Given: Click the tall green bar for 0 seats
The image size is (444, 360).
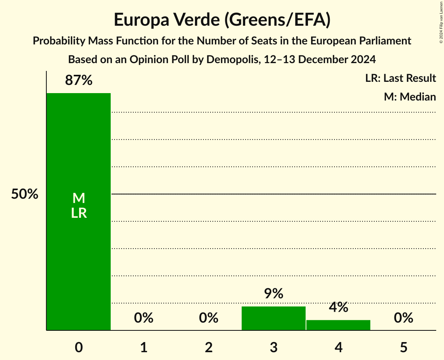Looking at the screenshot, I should (78, 156).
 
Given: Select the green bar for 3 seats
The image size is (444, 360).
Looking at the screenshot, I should (273, 318).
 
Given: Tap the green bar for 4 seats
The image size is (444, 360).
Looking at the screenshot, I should (338, 325).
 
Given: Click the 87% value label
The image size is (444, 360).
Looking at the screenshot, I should (79, 81).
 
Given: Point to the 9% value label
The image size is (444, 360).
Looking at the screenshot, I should (273, 294).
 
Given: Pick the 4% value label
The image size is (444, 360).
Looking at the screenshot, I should (338, 307).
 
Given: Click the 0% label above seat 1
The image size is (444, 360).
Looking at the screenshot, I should (143, 318).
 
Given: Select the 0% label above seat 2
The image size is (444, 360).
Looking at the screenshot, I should (209, 318).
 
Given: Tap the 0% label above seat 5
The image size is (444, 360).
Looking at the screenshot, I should (403, 318).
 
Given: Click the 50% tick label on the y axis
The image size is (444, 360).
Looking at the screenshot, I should (25, 194).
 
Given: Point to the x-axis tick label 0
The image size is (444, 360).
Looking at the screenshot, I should (79, 347).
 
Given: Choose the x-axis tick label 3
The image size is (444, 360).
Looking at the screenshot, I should (273, 347).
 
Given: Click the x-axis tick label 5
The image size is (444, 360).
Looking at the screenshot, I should (403, 347).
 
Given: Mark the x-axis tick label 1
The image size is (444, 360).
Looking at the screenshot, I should (143, 347).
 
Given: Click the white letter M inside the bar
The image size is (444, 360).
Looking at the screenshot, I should (79, 198).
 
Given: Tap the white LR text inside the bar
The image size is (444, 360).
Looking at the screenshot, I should (79, 213).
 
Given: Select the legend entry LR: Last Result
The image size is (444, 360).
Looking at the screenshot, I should (400, 78).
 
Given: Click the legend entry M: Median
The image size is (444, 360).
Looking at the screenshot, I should (410, 97).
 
